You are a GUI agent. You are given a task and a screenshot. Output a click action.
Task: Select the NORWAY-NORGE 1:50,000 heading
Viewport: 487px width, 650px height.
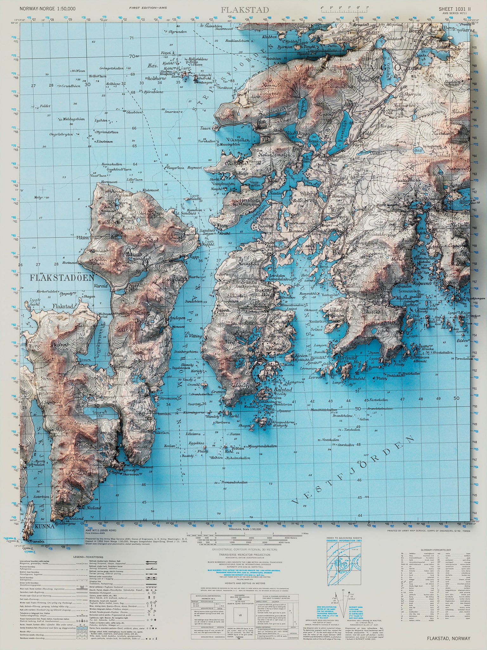[x=48, y=9]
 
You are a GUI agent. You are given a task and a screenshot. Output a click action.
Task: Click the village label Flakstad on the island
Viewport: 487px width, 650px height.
[x=63, y=306]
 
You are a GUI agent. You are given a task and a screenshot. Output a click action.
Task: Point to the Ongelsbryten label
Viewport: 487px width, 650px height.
[x=61, y=134]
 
